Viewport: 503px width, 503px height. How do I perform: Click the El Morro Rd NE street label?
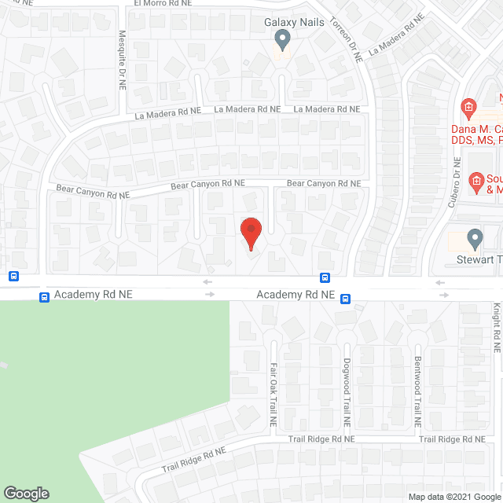click(x=162, y=4)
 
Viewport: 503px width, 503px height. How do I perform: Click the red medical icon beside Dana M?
click(x=468, y=107)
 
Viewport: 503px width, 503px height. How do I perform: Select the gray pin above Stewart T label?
click(x=474, y=237)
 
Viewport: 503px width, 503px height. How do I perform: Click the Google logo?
click(x=25, y=493)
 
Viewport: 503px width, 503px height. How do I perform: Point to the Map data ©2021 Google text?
click(x=453, y=496)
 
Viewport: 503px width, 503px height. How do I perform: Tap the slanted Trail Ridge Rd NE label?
click(x=194, y=460)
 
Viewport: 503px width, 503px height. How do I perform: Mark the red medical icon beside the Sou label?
click(x=475, y=182)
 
